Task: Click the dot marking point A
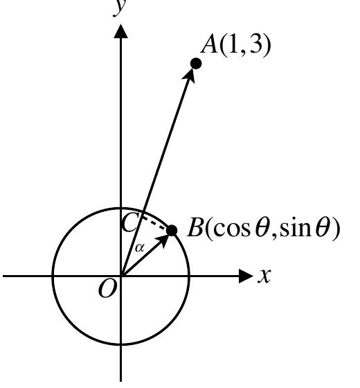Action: point(196,64)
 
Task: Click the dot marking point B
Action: point(172,231)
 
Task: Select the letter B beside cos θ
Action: point(195,227)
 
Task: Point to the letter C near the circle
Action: point(129,223)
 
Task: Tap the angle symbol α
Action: point(139,247)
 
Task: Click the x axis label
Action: point(264,276)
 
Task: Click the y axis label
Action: point(120,8)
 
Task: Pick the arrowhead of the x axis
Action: point(246,276)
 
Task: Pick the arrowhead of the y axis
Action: point(120,31)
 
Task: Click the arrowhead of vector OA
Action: point(190,76)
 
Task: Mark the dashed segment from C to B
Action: point(155,223)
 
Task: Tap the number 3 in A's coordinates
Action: point(255,45)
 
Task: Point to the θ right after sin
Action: point(323,227)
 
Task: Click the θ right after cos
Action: point(262,227)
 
